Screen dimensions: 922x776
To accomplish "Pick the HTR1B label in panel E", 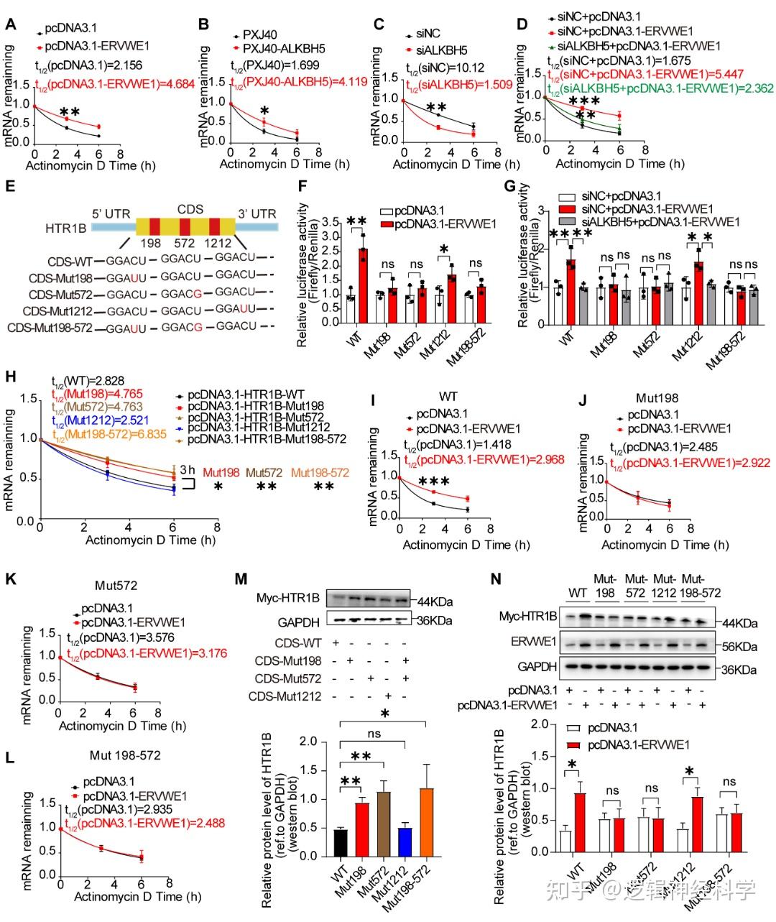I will (66, 227).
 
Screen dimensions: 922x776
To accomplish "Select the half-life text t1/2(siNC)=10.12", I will (445, 68).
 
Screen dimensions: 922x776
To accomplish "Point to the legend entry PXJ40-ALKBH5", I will (283, 49).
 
